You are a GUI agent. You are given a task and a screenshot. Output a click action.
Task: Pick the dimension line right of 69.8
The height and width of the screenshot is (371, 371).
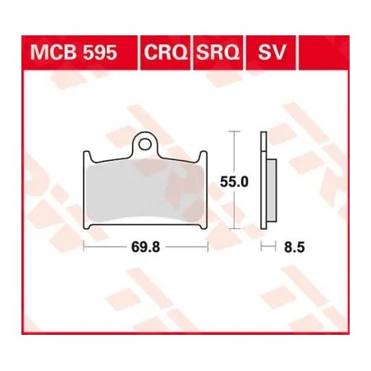(187, 245)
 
